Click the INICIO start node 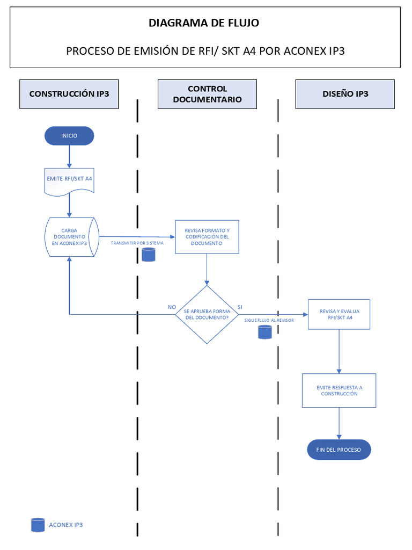click(x=69, y=136)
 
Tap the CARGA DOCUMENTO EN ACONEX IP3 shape click(x=69, y=237)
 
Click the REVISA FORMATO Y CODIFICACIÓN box click(x=207, y=236)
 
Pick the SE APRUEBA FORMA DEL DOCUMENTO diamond click(x=207, y=315)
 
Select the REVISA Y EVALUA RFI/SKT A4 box click(x=339, y=314)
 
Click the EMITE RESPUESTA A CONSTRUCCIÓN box click(x=339, y=390)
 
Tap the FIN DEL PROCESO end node click(x=339, y=450)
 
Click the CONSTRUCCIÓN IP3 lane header click(x=69, y=93)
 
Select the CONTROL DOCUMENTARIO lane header click(x=207, y=94)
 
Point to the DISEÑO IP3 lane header click(x=345, y=93)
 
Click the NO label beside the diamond click(x=172, y=307)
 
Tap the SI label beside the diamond click(x=240, y=307)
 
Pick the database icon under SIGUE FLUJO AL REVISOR click(x=264, y=332)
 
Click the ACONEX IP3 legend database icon click(x=38, y=525)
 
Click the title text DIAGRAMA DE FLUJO click(x=204, y=23)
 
